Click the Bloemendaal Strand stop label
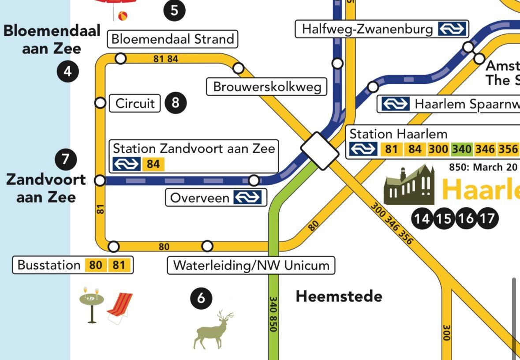(172, 39)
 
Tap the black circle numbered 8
(176, 103)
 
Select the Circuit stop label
(135, 103)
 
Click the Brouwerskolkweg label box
(267, 86)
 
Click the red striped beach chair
(120, 307)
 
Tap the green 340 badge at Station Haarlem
(461, 149)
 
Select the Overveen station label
(216, 197)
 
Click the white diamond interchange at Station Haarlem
(320, 150)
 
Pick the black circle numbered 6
(201, 299)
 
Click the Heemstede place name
(339, 296)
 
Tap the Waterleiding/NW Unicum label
(251, 266)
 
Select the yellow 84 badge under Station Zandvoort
(153, 164)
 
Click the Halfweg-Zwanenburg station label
(382, 29)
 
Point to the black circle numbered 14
(422, 218)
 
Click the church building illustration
(409, 185)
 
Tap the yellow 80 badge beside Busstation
(96, 265)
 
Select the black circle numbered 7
(66, 159)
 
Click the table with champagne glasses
(92, 304)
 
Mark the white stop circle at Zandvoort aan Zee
(100, 180)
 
